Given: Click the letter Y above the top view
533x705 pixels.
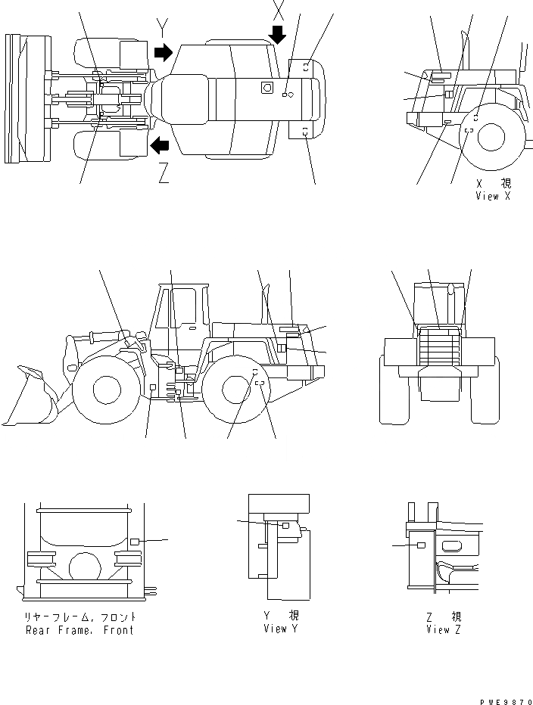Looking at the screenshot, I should coord(162,29).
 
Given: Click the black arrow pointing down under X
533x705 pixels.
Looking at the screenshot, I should coord(278,35).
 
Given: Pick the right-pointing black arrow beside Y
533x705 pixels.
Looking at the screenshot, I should coord(163,52).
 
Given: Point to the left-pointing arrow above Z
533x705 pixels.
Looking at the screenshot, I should coord(160,144).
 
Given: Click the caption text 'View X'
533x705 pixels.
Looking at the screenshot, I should coord(493,197).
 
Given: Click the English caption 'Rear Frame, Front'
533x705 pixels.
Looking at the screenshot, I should coord(79,630).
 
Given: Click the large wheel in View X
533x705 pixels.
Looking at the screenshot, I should coord(491,138).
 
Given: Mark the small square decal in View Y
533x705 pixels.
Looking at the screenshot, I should coord(285,525).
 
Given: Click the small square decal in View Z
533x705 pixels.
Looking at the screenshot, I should coord(422,545).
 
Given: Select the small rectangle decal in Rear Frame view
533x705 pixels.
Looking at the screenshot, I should coord(135,542).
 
